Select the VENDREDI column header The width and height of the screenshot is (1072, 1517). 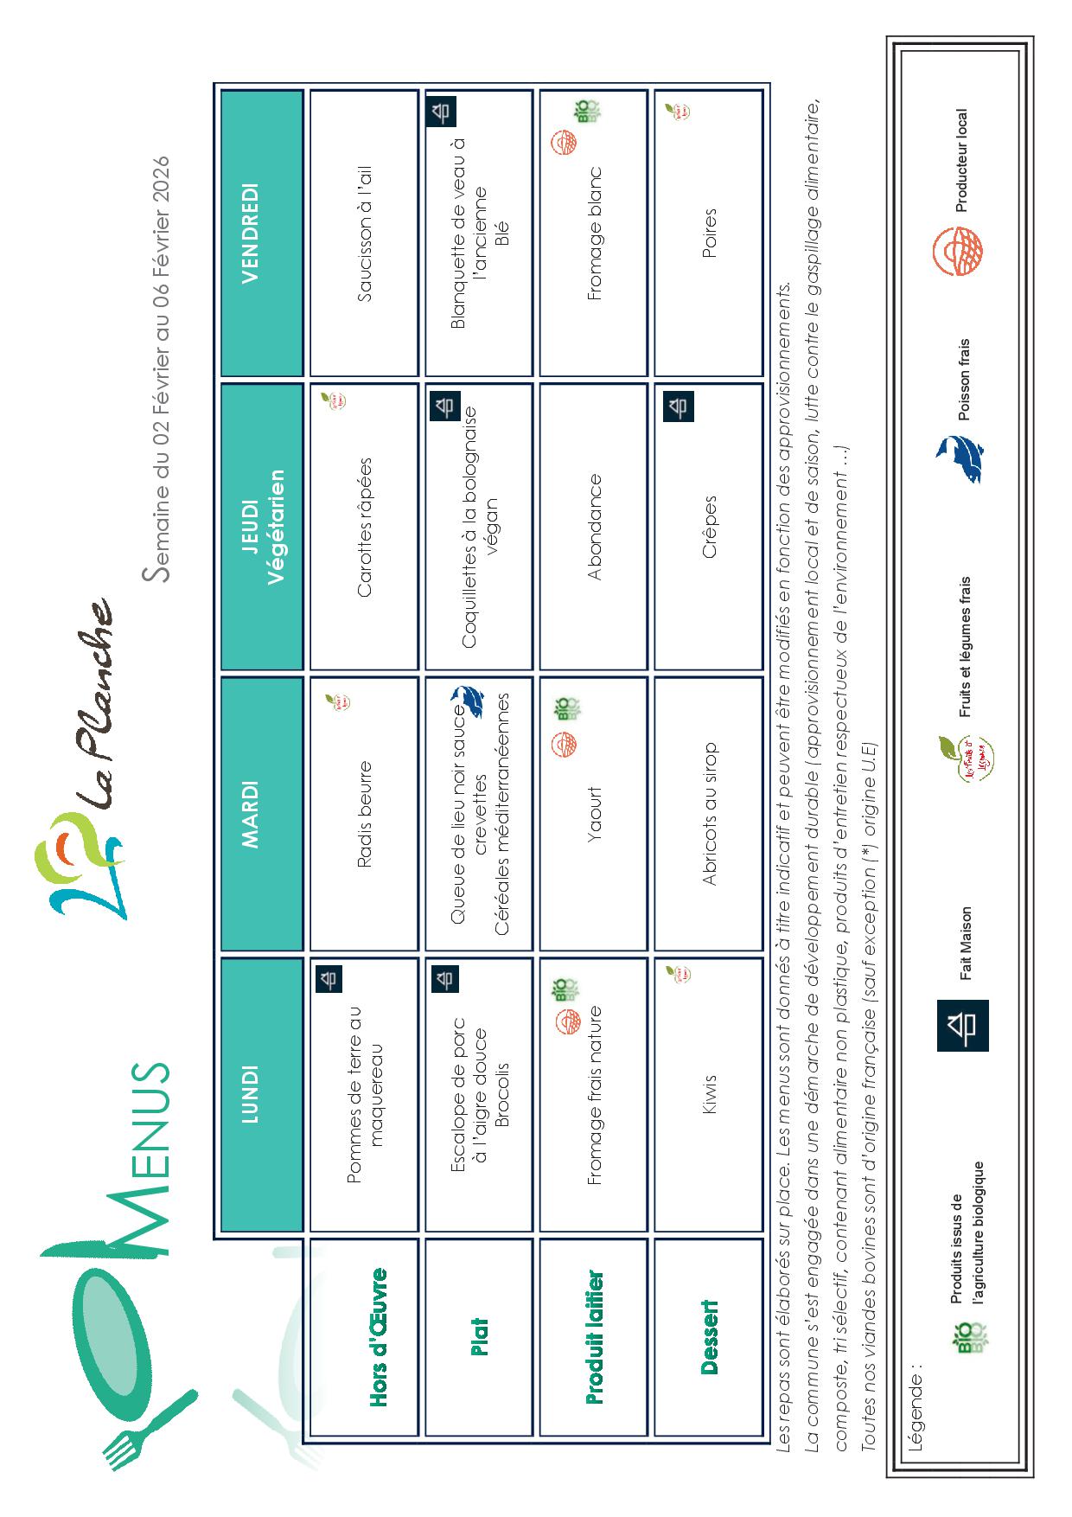(x=251, y=232)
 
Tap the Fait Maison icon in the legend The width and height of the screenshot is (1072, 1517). (x=962, y=1025)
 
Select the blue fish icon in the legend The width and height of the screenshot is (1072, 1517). (x=959, y=458)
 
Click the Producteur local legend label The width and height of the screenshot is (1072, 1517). (x=961, y=160)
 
